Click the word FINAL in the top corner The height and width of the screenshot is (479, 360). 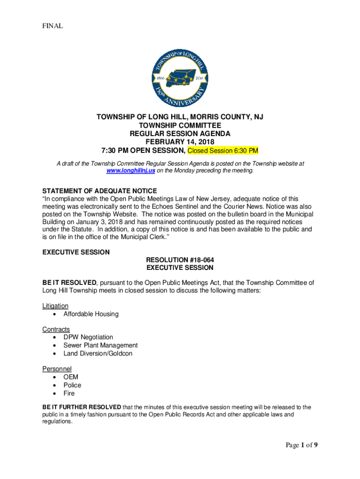[52, 26]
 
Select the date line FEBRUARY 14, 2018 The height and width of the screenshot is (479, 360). [180, 142]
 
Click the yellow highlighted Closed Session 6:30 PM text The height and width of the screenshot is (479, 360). [223, 151]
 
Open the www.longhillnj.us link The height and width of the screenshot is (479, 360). [130, 171]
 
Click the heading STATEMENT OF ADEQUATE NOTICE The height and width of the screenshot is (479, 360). [100, 191]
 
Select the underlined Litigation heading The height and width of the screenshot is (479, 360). [55, 306]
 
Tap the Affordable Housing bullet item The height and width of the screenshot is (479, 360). [91, 314]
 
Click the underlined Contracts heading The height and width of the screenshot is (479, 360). [56, 329]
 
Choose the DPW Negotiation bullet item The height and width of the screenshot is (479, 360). [88, 337]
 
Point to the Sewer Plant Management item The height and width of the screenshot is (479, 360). [101, 345]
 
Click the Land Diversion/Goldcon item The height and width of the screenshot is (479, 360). [98, 353]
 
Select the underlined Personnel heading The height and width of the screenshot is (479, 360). [57, 369]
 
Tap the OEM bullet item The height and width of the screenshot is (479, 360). [71, 377]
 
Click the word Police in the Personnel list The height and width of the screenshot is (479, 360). [72, 385]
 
